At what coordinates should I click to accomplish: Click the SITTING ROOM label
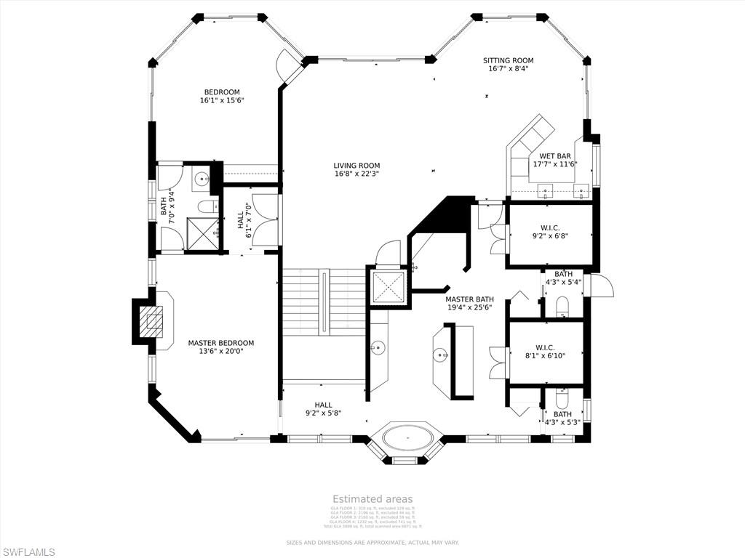click(509, 60)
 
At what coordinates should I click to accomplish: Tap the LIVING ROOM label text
click(357, 166)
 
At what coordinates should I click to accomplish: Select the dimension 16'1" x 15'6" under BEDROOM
click(222, 100)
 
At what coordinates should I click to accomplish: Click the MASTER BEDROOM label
click(221, 343)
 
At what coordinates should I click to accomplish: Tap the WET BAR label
click(554, 156)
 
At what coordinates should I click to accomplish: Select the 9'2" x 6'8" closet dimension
click(550, 235)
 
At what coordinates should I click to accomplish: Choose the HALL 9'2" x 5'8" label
click(324, 409)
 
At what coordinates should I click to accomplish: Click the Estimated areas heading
click(372, 499)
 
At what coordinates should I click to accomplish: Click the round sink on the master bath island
click(441, 355)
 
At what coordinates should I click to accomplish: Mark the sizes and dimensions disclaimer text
click(372, 543)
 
